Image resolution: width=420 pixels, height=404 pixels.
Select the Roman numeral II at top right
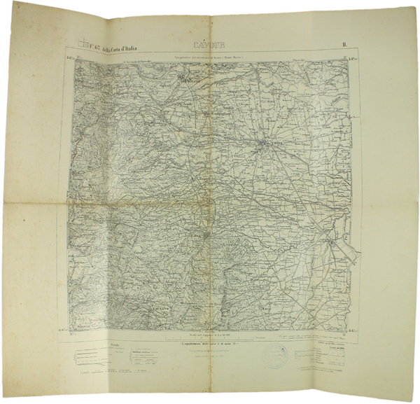tap(345, 47)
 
